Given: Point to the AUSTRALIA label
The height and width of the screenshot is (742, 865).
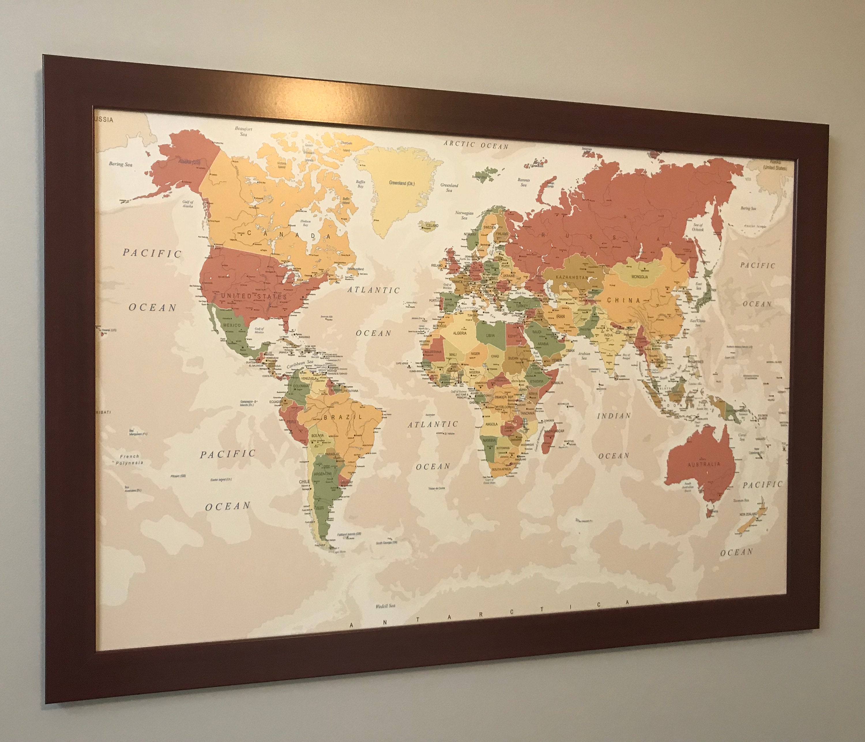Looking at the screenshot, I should point(704,464).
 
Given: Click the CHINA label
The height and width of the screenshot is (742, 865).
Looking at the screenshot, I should point(623,300).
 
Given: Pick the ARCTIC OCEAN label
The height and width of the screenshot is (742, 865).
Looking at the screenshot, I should point(476,145).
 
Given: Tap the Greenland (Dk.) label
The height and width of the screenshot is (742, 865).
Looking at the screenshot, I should point(402,183).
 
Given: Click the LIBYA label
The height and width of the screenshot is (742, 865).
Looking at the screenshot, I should point(490,335).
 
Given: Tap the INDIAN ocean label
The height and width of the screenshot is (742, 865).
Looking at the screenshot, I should point(613,416).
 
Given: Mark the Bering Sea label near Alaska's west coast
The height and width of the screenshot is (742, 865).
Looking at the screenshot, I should point(120,164).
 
